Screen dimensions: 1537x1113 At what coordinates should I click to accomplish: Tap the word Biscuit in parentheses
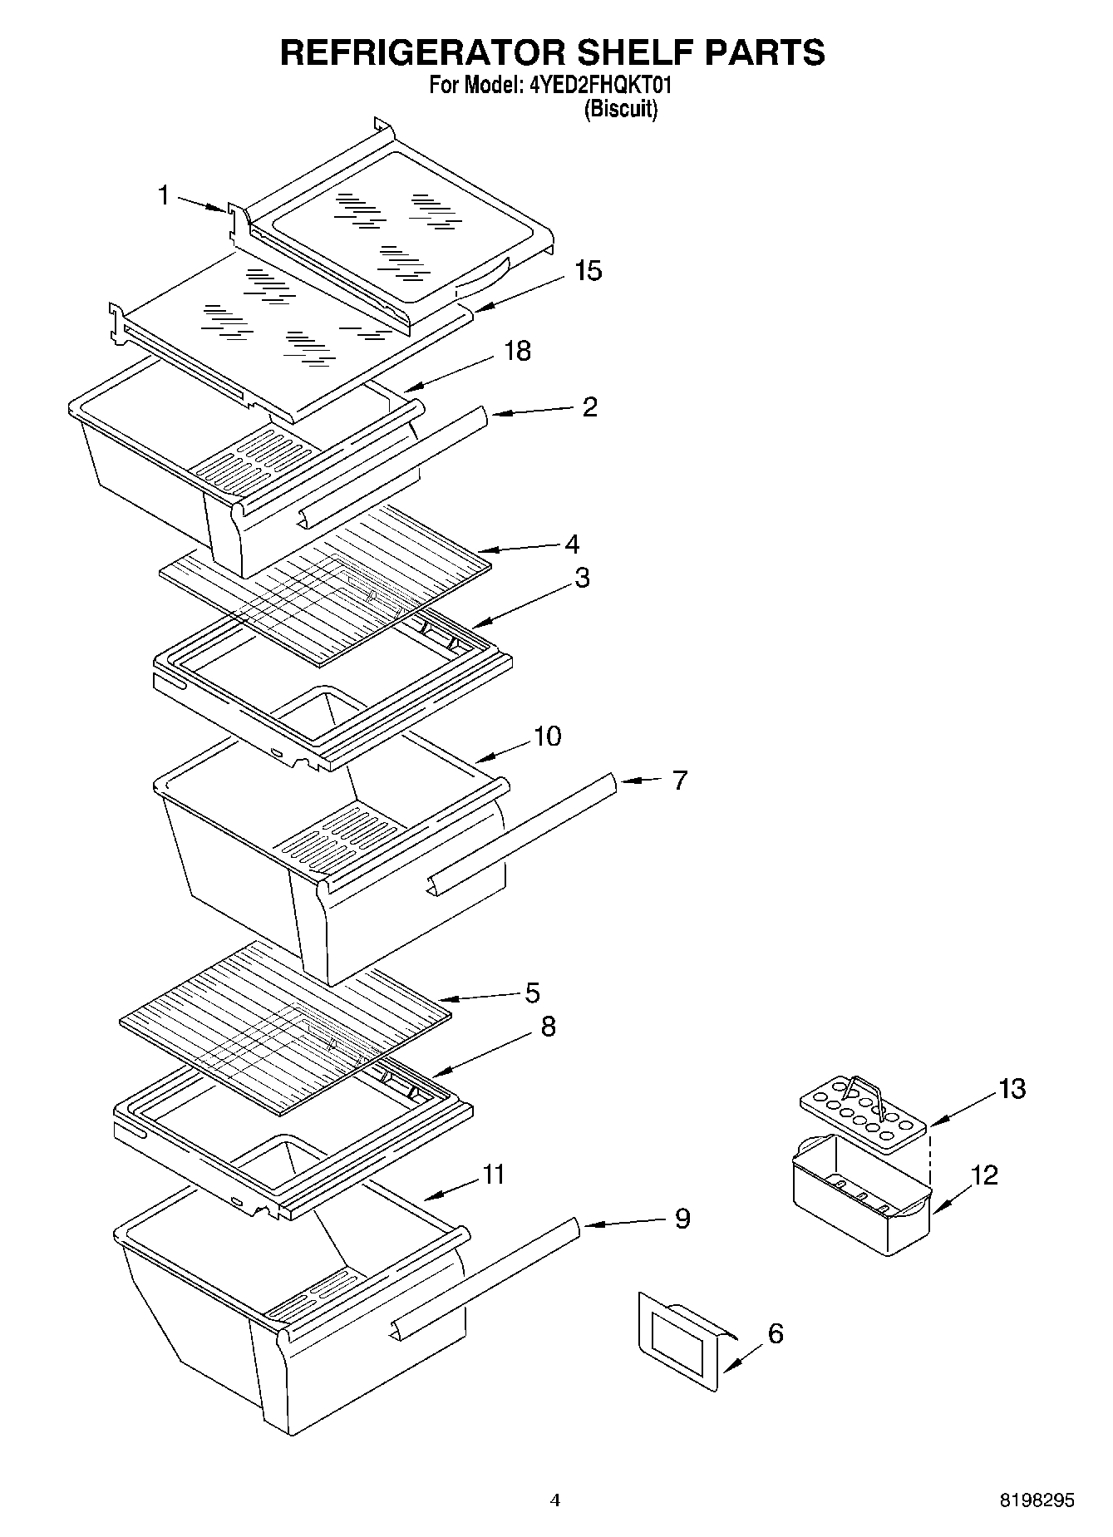620,109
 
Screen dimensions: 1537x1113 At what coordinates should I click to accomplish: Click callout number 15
588,271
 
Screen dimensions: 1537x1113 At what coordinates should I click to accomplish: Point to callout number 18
517,351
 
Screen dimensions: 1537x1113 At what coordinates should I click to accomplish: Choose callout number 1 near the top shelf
164,195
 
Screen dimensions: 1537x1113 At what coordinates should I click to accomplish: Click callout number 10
547,736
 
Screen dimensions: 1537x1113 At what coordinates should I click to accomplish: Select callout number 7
679,781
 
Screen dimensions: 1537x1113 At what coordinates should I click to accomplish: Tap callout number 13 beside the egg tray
1012,1088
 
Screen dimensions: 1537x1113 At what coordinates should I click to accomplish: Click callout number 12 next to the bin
984,1175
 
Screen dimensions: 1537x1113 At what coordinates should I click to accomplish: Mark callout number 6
775,1333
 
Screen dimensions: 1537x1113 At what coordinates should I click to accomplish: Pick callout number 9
682,1219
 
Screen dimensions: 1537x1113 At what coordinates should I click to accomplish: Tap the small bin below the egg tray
860,1197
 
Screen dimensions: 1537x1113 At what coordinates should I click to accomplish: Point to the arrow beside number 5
476,997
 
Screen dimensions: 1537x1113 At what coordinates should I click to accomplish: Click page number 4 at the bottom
555,1500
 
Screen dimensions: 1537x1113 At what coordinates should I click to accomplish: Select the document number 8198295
1037,1500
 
